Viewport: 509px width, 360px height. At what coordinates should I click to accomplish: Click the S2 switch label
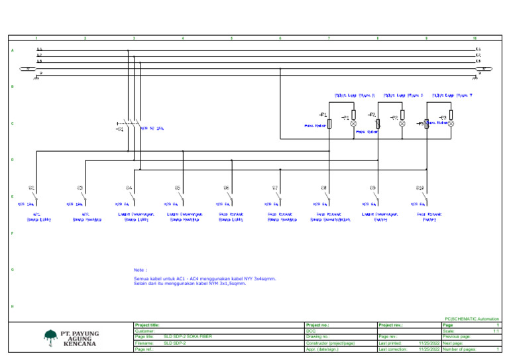31,188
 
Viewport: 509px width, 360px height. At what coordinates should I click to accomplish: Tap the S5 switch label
178,188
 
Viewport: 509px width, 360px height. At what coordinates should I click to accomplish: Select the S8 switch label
324,188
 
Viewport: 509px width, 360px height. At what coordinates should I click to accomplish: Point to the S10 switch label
420,188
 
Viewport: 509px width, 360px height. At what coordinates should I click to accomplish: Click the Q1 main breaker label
119,130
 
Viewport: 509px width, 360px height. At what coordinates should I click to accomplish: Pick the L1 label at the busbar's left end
40,49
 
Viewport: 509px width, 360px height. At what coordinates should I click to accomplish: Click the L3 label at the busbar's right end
478,61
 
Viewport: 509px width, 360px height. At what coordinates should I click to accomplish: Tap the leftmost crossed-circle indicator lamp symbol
353,124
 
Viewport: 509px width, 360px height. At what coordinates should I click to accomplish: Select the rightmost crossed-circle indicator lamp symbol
451,124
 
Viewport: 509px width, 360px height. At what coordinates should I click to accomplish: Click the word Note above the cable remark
140,270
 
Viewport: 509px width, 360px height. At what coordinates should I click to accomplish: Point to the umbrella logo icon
51,338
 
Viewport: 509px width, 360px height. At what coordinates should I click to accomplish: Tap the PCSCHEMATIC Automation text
472,319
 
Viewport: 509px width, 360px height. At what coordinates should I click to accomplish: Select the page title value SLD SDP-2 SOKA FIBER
188,337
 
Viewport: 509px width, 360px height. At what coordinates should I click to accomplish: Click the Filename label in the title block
144,343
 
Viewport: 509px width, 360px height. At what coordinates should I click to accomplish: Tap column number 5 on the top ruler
231,38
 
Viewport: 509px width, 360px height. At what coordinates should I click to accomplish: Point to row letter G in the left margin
12,270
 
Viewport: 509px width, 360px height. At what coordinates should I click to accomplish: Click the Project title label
147,325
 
